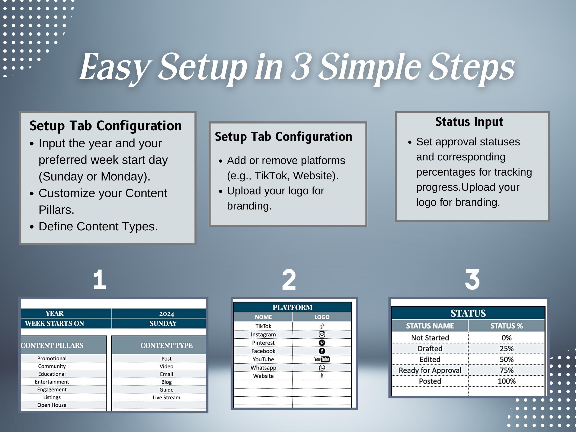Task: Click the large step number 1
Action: [100, 279]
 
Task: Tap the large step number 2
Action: [289, 279]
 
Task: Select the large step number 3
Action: [472, 279]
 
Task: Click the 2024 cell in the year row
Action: [167, 314]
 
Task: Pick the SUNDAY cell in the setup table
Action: [163, 323]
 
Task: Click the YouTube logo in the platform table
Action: [322, 359]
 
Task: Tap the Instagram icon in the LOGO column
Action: [322, 334]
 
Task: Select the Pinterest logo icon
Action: [322, 343]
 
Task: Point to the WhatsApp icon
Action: [322, 368]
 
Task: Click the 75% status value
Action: [506, 370]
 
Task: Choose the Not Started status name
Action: [430, 338]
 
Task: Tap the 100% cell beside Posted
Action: [506, 381]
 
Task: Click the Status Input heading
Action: [469, 122]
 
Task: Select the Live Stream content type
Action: [166, 398]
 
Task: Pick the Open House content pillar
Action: [52, 405]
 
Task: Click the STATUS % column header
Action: [506, 326]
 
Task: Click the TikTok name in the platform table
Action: [263, 326]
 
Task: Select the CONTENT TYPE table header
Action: [166, 346]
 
